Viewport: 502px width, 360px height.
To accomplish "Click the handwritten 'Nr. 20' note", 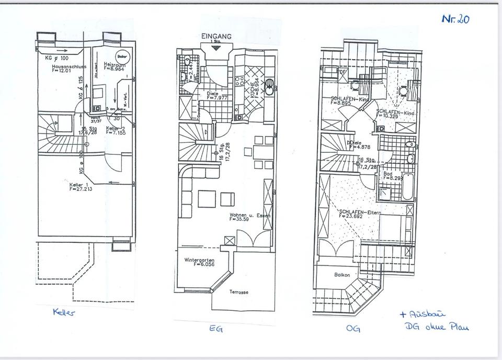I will pyautogui.click(x=455, y=19).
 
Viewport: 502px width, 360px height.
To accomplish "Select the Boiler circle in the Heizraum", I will pyautogui.click(x=123, y=55).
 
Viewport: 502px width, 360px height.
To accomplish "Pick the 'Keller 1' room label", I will pyautogui.click(x=81, y=187).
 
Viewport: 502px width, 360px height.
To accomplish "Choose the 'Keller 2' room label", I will pyautogui.click(x=115, y=130).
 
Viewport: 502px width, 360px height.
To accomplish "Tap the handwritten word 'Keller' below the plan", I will pyautogui.click(x=64, y=313).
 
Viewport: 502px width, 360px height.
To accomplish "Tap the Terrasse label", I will pyautogui.click(x=238, y=292).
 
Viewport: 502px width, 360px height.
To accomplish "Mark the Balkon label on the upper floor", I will pyautogui.click(x=341, y=274).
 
